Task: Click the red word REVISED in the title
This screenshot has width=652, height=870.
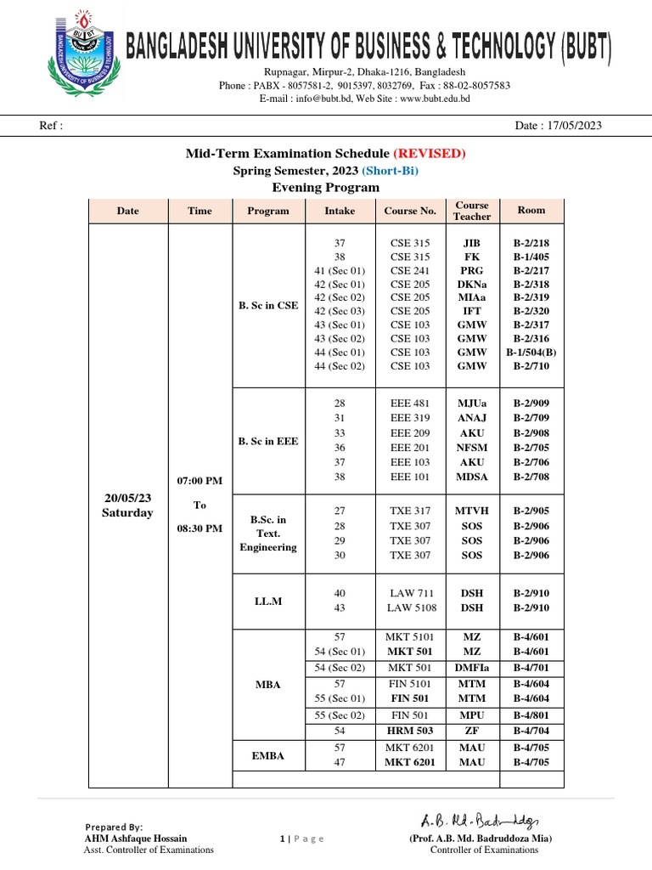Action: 429,153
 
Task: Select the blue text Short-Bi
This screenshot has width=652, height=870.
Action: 391,170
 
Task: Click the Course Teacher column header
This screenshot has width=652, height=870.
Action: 472,211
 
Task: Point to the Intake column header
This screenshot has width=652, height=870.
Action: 340,211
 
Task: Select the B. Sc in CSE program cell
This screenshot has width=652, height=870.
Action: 268,305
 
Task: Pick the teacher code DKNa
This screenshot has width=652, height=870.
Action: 472,285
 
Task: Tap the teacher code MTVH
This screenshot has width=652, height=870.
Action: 472,511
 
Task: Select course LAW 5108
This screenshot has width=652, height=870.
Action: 411,608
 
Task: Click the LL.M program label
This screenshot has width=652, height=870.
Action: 268,601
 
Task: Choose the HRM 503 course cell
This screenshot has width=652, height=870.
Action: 411,731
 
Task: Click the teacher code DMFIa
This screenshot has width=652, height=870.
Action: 472,669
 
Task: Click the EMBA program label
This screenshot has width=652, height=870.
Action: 268,754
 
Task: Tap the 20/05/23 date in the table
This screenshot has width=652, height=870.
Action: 127,498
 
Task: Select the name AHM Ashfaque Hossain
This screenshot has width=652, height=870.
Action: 135,839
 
